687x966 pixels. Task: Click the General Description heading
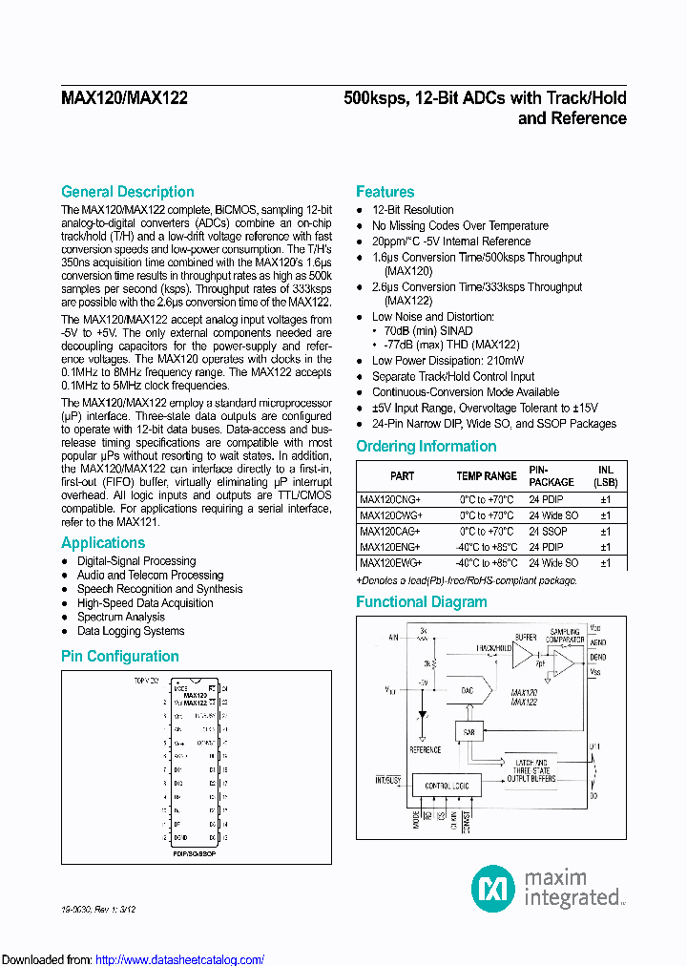click(x=127, y=192)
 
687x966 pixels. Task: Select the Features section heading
click(x=385, y=192)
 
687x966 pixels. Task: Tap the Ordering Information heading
click(x=426, y=447)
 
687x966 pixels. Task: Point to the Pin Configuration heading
click(x=119, y=657)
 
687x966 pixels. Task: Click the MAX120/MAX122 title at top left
click(x=124, y=98)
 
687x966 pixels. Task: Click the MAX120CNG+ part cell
click(x=389, y=499)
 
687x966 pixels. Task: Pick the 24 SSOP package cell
click(x=548, y=531)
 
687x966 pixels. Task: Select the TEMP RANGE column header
click(x=487, y=475)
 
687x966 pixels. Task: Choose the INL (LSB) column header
click(x=605, y=475)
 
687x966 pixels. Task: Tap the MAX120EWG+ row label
click(x=389, y=562)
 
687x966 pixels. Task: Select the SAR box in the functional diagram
click(x=468, y=731)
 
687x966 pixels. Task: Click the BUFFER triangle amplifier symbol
click(x=523, y=654)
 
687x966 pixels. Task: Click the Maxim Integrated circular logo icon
click(x=493, y=889)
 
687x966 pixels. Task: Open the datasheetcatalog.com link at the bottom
click(x=180, y=959)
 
